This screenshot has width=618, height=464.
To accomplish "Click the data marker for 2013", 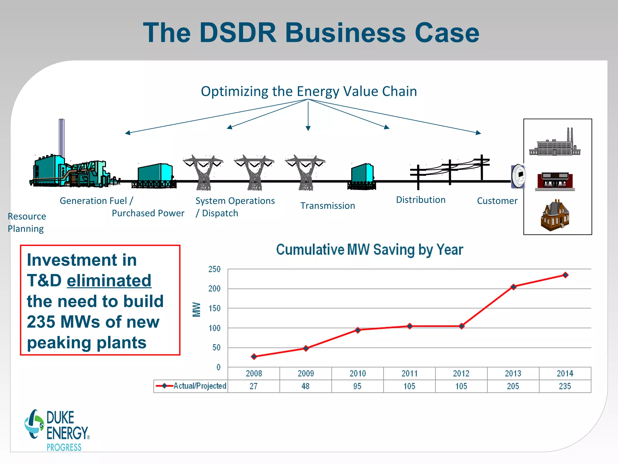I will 513,287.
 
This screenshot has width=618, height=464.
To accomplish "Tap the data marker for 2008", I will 254,356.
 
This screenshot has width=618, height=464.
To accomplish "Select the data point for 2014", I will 565,275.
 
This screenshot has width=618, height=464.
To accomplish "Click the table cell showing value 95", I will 357,386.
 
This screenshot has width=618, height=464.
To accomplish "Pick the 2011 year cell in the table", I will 409,373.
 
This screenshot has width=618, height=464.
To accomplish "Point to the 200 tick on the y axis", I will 214,288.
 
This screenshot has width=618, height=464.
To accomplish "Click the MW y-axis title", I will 196,309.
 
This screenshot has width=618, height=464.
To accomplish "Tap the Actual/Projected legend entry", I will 191,386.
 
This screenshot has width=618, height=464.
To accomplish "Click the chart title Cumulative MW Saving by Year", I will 369,250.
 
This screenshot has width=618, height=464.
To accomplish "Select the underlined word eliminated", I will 109,281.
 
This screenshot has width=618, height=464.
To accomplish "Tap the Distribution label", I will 420,200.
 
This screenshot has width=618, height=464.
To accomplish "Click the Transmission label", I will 327,206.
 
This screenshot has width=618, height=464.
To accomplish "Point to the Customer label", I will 497,201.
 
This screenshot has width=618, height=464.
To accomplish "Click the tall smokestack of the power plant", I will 62,137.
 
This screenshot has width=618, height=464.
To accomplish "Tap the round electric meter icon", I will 519,176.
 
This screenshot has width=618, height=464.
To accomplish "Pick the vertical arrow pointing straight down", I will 308,116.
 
